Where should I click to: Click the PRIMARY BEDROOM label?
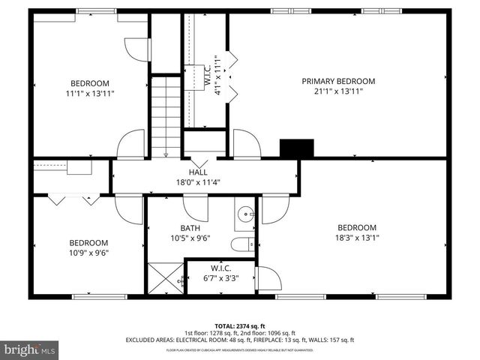click(x=338, y=81)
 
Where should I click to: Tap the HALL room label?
click(x=198, y=172)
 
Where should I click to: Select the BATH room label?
click(x=190, y=228)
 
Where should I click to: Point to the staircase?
click(x=166, y=115)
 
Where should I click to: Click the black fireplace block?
click(x=296, y=148)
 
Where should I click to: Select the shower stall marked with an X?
click(x=165, y=278)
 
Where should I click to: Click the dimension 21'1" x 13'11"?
click(x=338, y=92)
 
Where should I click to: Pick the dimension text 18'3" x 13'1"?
click(x=356, y=238)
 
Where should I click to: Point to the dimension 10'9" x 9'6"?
click(x=88, y=253)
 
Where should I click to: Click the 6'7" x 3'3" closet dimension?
click(x=220, y=278)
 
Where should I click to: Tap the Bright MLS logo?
click(x=30, y=349)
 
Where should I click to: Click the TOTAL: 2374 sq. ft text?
click(x=240, y=325)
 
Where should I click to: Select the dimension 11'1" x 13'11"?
click(x=90, y=94)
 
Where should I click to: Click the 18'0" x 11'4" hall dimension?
click(x=198, y=181)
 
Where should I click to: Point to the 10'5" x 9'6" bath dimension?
click(x=190, y=238)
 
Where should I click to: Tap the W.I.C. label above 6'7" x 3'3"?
click(x=220, y=268)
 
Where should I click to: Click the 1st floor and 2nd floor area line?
click(x=240, y=332)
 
